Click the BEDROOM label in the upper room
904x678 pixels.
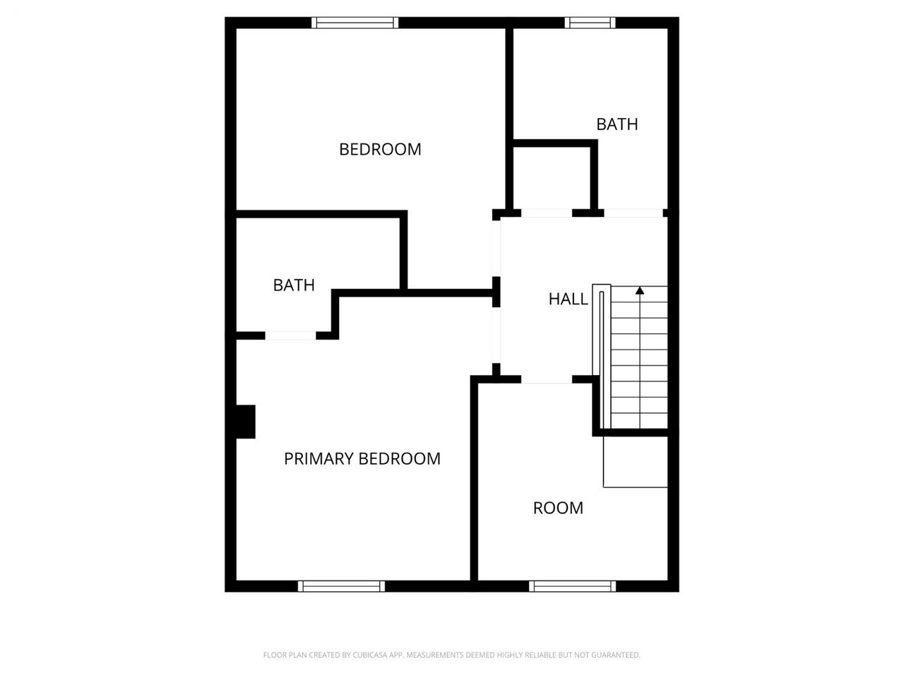click(380, 149)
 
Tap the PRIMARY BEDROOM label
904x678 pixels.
click(362, 458)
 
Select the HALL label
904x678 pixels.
click(568, 299)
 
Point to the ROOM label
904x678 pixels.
click(558, 508)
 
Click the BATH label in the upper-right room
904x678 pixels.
click(617, 124)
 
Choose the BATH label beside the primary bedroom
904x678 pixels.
click(294, 285)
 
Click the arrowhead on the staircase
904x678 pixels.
click(640, 291)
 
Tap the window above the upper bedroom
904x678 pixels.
click(355, 23)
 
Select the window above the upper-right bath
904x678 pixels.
click(590, 23)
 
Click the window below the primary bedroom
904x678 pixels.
click(341, 586)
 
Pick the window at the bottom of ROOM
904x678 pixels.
click(572, 586)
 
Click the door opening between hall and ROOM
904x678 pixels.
click(547, 379)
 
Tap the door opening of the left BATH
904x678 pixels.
click(290, 335)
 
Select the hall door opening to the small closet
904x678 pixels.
click(547, 213)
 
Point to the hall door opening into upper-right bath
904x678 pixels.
click(634, 213)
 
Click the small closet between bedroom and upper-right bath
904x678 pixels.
click(552, 178)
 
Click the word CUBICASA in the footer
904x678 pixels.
click(369, 655)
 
